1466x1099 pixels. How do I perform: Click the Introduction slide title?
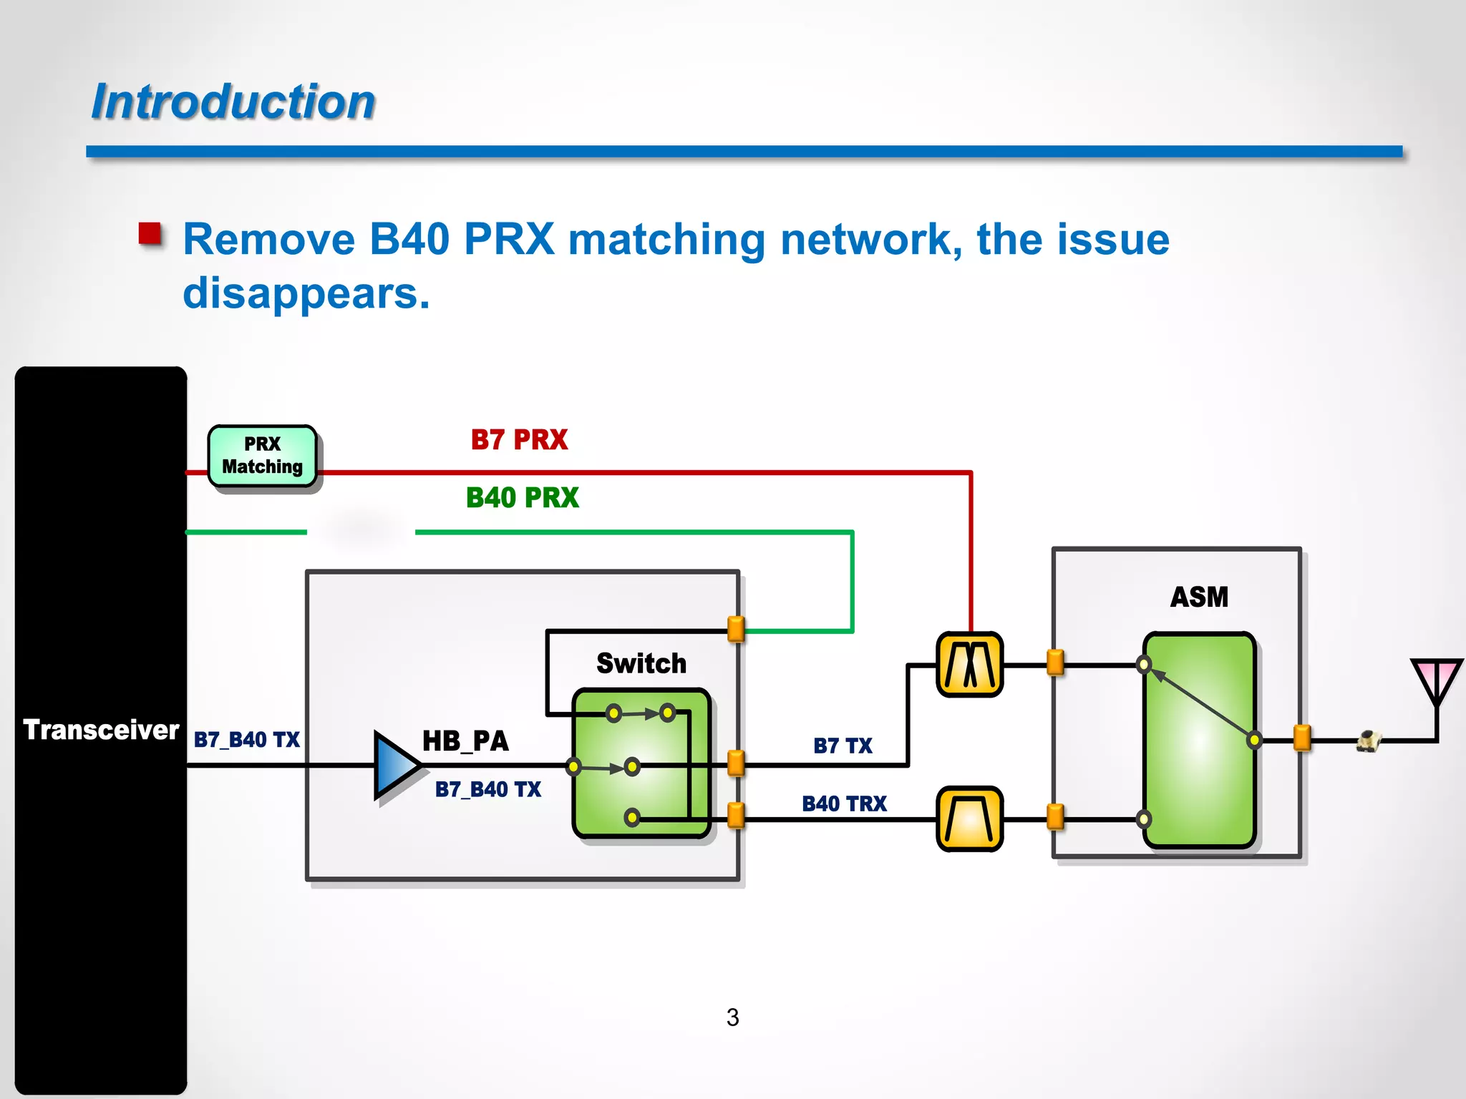pyautogui.click(x=233, y=102)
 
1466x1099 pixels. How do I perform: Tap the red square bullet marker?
pyautogui.click(x=150, y=234)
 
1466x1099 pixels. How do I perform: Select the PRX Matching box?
pyautogui.click(x=263, y=456)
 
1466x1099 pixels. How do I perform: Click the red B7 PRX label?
pyautogui.click(x=519, y=439)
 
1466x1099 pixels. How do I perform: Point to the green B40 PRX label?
pyautogui.click(x=522, y=497)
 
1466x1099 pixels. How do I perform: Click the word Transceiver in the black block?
pyautogui.click(x=101, y=730)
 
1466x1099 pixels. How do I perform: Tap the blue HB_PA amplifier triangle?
pyautogui.click(x=395, y=765)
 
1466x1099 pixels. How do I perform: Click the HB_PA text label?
pyautogui.click(x=465, y=741)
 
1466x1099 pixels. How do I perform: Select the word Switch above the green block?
pyautogui.click(x=641, y=663)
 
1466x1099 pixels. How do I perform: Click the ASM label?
pyautogui.click(x=1199, y=597)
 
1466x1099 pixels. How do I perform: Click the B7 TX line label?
pyautogui.click(x=843, y=746)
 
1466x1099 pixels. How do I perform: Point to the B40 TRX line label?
pyautogui.click(x=844, y=804)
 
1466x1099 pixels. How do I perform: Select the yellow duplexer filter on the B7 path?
pyautogui.click(x=969, y=665)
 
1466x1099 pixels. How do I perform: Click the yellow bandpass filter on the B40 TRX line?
pyautogui.click(x=969, y=819)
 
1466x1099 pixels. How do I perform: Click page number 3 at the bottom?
pyautogui.click(x=732, y=1017)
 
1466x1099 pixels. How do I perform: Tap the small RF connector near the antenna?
pyautogui.click(x=1368, y=741)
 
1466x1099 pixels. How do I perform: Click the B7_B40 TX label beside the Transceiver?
pyautogui.click(x=246, y=739)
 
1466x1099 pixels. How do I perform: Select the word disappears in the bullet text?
pyautogui.click(x=306, y=293)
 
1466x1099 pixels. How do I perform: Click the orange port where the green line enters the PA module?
pyautogui.click(x=735, y=630)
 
